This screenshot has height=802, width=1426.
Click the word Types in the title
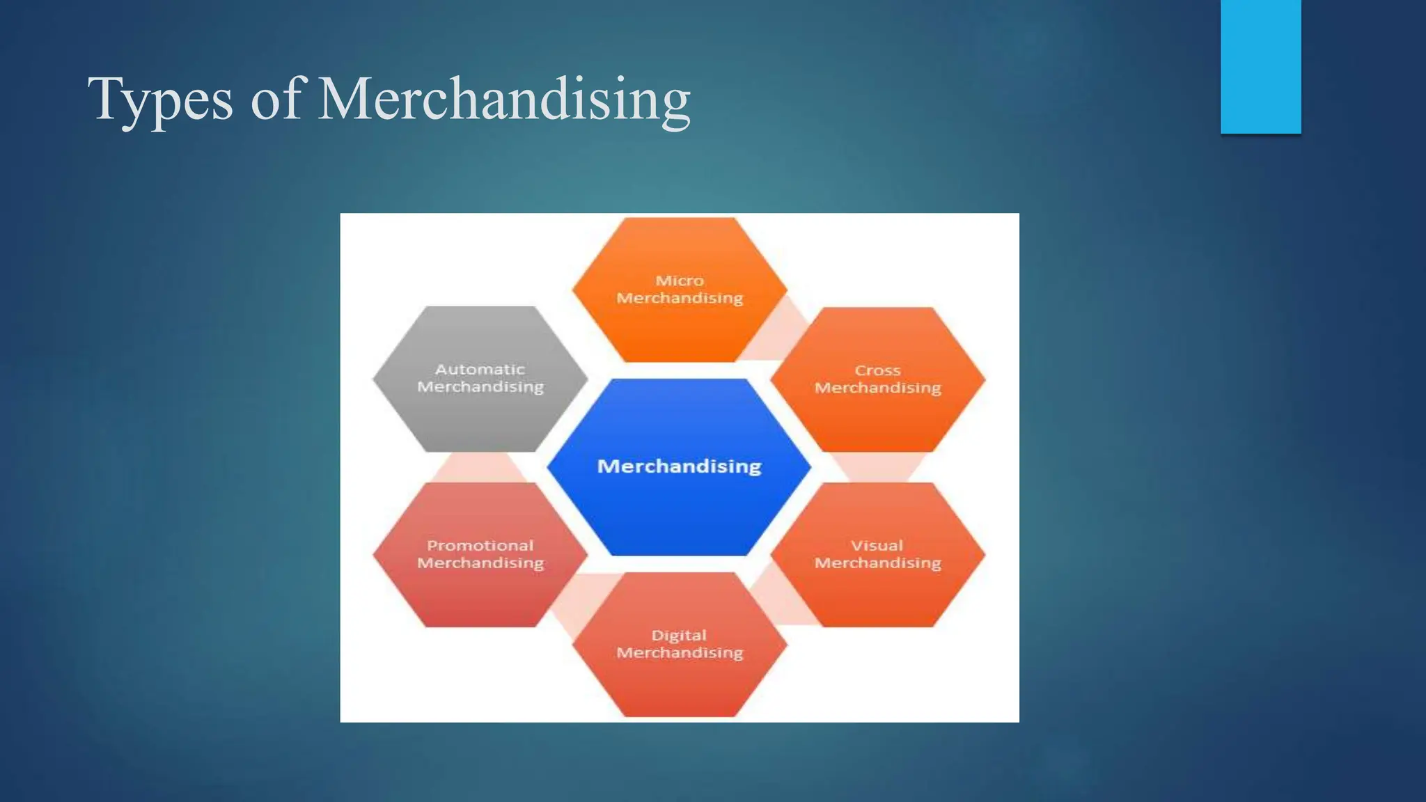coord(160,100)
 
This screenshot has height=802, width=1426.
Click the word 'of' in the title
coord(276,100)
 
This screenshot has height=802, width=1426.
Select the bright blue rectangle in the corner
coord(1260,66)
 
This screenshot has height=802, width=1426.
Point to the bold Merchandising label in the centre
coord(679,466)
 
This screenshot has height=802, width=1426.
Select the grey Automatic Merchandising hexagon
coord(480,418)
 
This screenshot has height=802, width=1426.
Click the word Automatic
coord(480,369)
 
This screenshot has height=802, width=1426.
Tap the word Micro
coord(680,280)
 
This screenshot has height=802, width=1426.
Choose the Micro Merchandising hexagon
coord(680,327)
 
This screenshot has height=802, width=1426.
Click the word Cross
coord(877,370)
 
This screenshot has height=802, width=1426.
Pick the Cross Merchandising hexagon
coord(877,418)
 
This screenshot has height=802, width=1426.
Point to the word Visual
coord(877,545)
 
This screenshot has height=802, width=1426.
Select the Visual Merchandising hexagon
coord(877,592)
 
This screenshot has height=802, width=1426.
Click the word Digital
coord(679,635)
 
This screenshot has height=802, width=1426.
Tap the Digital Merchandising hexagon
coord(680,682)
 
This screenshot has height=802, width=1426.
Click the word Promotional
coord(480,545)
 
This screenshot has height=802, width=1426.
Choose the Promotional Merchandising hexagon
coord(480,592)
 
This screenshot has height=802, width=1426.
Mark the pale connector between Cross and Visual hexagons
coord(877,467)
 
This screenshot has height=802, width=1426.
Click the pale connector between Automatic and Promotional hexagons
coord(480,467)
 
